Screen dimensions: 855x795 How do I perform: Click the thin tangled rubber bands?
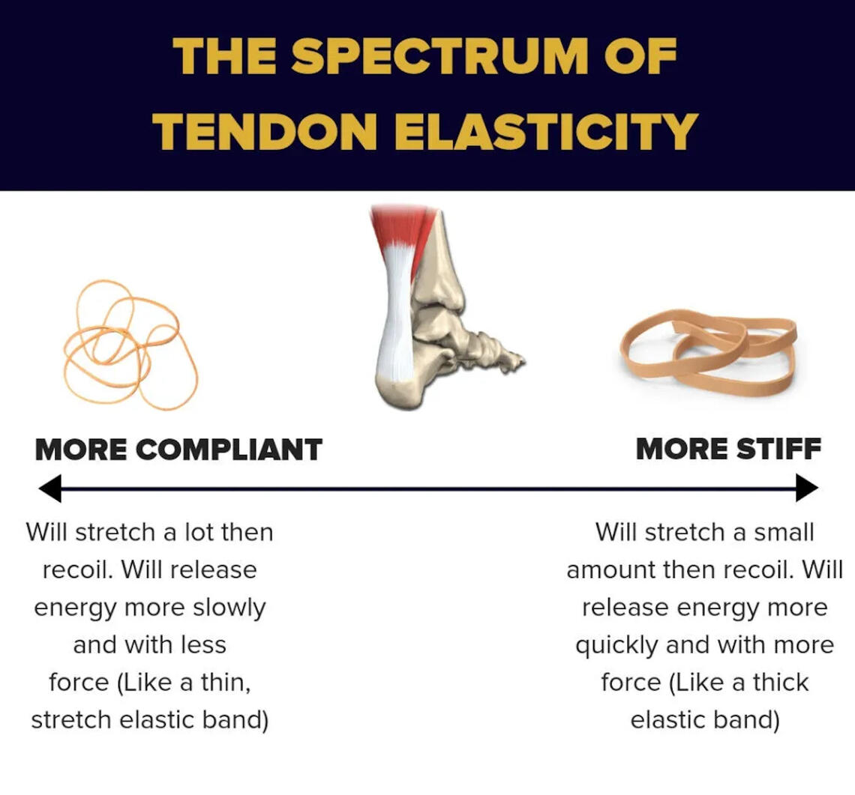point(130,345)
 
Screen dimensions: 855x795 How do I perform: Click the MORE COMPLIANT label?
point(178,450)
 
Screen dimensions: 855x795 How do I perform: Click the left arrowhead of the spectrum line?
point(50,488)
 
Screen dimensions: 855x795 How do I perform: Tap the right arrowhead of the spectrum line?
point(807,488)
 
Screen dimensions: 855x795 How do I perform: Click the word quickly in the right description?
point(616,646)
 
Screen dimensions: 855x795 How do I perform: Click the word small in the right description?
point(784,532)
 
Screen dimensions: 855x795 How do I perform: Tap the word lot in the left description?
point(199,532)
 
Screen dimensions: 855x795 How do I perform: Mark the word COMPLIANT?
point(229,450)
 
